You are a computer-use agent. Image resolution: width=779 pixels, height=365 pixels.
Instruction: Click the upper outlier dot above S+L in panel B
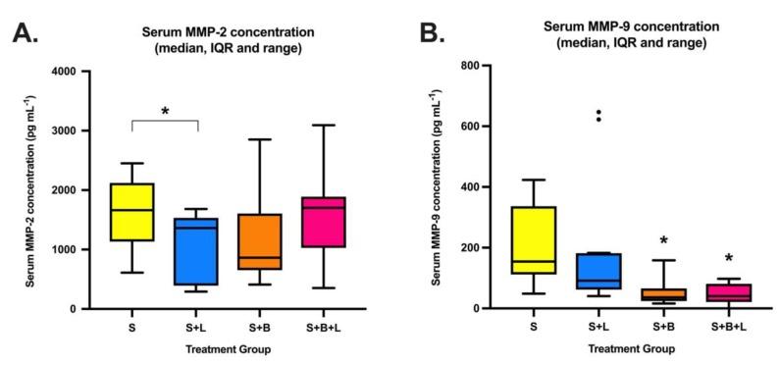click(600, 112)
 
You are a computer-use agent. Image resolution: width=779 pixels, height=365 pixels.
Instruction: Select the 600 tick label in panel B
click(482, 127)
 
